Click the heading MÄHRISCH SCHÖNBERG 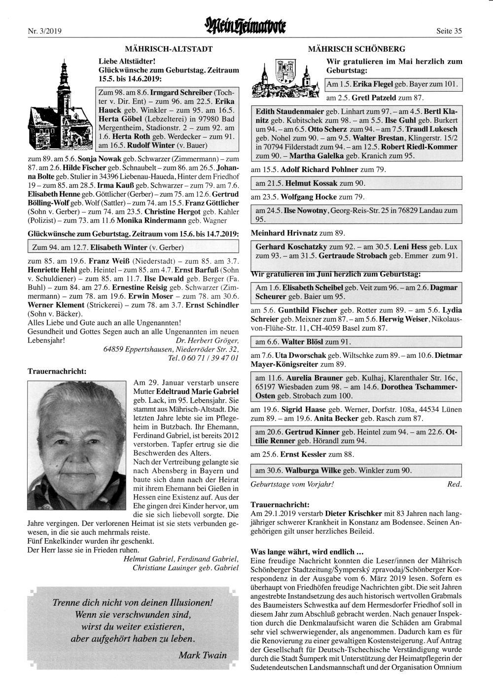tap(356, 49)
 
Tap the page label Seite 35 tap(449, 31)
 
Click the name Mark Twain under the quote tap(203, 655)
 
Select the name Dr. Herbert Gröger tap(207, 341)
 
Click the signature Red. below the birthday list tap(454, 484)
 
